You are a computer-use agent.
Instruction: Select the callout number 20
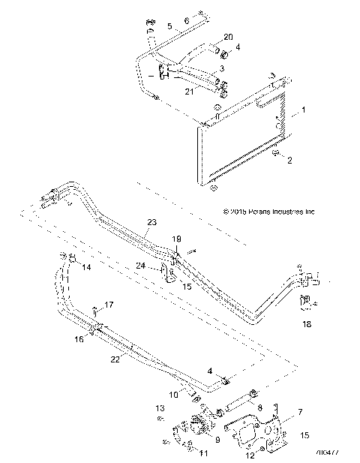[228, 38]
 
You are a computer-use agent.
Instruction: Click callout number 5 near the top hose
[169, 26]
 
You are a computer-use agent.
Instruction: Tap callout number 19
[178, 239]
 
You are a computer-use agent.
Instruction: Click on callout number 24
[140, 266]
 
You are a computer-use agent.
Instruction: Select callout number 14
[85, 266]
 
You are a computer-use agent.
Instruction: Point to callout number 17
[109, 305]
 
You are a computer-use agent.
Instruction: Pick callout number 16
[79, 318]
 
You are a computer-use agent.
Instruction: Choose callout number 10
[172, 394]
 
